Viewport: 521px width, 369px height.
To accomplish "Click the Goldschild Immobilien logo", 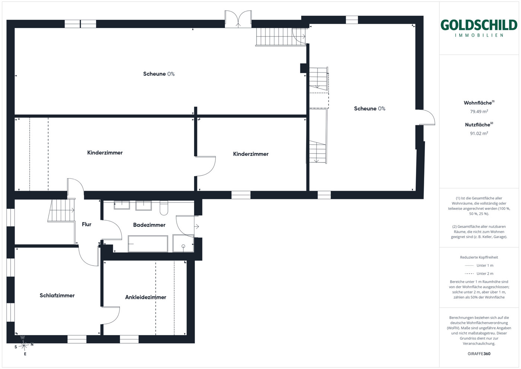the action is pos(479,28).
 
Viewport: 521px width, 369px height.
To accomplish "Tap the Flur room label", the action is pos(86,224).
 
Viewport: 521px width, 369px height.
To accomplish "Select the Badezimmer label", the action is pos(149,225).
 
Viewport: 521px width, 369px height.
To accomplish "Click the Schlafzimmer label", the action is pos(57,296).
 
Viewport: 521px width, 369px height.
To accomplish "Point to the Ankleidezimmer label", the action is pos(146,297).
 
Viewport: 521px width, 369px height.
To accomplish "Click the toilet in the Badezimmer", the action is pos(164,208).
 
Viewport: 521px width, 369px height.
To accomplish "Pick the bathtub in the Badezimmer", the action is pos(148,244).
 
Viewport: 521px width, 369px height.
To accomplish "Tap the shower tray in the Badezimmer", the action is pos(183,243).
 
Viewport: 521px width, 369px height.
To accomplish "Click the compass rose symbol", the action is pos(24,345).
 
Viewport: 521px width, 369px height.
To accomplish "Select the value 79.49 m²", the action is pos(479,111).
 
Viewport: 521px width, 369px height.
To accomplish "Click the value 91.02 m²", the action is pos(479,133).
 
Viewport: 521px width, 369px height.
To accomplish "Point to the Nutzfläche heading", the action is pos(479,124).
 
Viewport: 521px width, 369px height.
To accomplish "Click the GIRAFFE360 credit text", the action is pos(479,354).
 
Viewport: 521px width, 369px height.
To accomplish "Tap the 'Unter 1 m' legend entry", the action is pos(479,265).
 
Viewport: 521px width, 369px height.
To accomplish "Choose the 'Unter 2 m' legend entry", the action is pos(479,274).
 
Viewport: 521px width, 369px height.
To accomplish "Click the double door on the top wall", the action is pos(238,19).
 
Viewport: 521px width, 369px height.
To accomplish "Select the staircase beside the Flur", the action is pos(61,210).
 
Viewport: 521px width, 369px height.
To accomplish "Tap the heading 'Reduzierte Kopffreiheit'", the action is pos(479,257).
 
